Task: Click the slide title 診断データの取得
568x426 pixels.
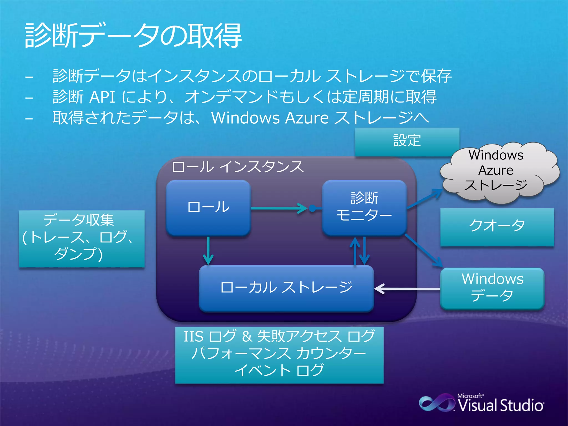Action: click(x=133, y=36)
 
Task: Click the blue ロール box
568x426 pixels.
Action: click(x=208, y=207)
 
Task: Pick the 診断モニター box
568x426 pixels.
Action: click(x=364, y=207)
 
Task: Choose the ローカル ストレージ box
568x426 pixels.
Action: click(x=286, y=288)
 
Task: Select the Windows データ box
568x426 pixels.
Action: click(x=492, y=288)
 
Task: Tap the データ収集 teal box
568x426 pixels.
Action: click(x=82, y=239)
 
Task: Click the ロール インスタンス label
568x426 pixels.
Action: click(x=238, y=167)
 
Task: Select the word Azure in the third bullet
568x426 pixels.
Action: click(x=307, y=118)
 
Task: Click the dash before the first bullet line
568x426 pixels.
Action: click(x=29, y=77)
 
